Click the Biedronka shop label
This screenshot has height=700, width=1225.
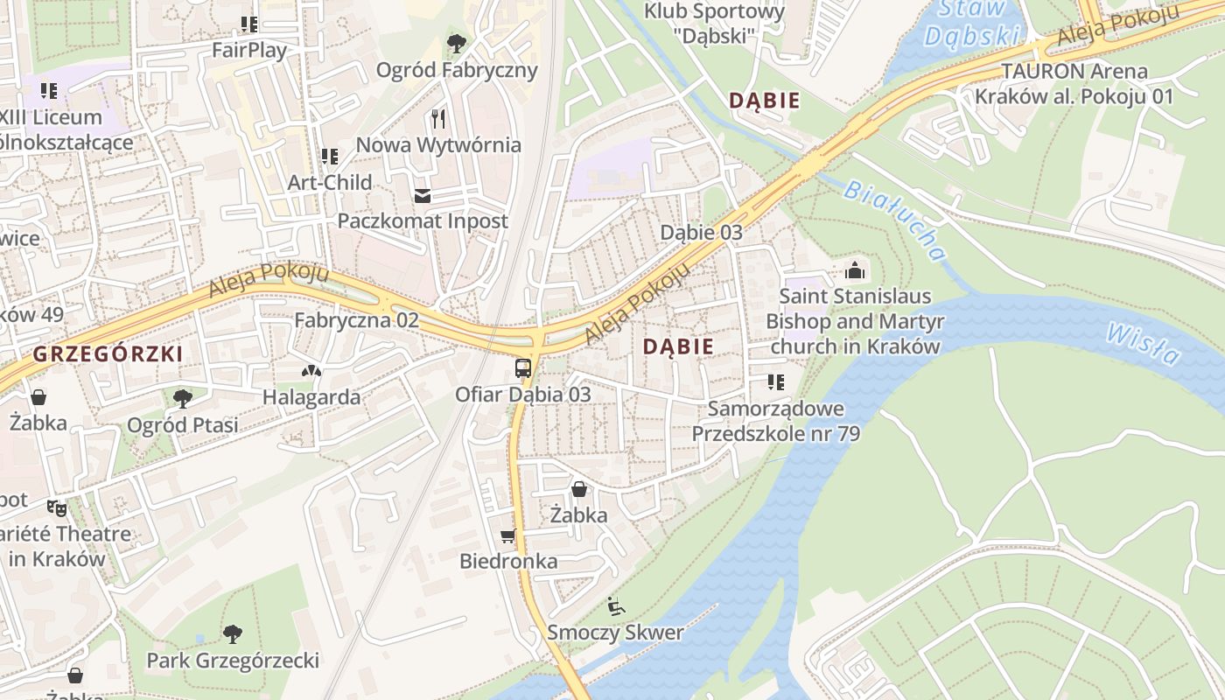coord(508,561)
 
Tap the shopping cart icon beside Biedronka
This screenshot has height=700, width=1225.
coord(507,535)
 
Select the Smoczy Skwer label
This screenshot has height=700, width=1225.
coord(615,632)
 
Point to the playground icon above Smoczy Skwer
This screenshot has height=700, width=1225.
coord(616,605)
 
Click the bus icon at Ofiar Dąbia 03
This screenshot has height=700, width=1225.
coord(523,367)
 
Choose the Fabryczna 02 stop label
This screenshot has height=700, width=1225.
coord(356,319)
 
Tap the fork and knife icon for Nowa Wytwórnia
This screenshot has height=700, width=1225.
coord(439,118)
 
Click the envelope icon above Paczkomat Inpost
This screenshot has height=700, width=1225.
coord(423,195)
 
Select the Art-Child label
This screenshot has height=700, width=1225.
coord(330,182)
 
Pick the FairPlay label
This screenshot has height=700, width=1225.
coord(249,50)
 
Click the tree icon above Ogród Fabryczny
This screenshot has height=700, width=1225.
coord(457,43)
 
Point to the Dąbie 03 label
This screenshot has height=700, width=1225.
coord(701,232)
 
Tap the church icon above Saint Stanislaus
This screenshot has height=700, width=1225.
coord(855,269)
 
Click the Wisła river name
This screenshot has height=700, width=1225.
coord(1142,344)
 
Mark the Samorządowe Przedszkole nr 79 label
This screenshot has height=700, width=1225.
coord(776,421)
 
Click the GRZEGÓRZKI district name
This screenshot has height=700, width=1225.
coord(108,353)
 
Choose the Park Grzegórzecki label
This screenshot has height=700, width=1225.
coord(233,660)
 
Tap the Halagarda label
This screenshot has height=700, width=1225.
coord(311,397)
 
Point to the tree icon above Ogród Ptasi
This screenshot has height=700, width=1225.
coord(182,399)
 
